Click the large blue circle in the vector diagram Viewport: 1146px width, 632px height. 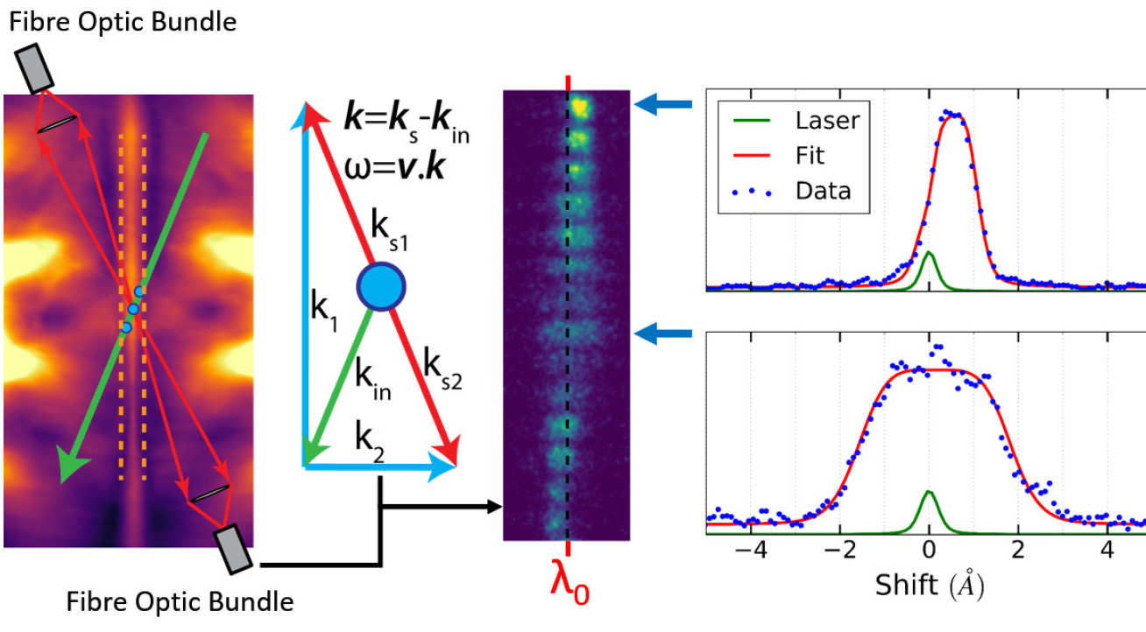pyautogui.click(x=380, y=288)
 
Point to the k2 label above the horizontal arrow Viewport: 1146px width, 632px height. pyautogui.click(x=371, y=432)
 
